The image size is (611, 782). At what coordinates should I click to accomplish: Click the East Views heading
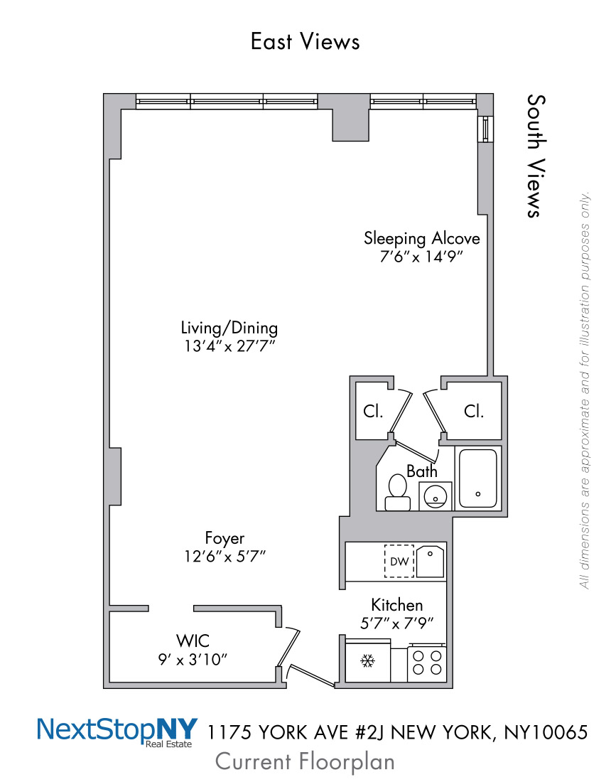point(305,41)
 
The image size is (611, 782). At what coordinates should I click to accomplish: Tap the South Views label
point(536,156)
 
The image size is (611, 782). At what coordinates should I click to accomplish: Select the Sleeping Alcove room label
point(421,238)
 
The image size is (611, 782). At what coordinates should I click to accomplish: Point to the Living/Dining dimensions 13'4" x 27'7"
point(229,346)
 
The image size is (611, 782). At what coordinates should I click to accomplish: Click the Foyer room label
point(225,538)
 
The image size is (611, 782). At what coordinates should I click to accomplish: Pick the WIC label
point(193,641)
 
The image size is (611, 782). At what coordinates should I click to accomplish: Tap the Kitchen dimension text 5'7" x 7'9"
point(396,623)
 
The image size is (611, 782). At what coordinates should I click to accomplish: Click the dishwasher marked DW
point(399,561)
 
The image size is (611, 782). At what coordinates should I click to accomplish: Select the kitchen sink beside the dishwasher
point(430,562)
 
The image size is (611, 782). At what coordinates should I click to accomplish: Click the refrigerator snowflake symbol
point(368,662)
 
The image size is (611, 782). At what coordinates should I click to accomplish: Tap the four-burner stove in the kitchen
point(427,663)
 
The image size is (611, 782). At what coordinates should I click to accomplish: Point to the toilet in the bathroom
point(398,492)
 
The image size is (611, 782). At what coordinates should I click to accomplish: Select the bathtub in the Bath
point(478,478)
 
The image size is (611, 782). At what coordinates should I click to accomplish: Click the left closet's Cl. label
point(373,412)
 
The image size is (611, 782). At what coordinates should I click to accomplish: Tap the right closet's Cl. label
point(474,412)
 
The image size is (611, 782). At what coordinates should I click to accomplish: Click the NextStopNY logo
point(118,732)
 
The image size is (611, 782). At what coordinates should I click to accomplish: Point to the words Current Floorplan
point(305,762)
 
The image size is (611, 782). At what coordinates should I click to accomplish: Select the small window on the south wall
point(485,129)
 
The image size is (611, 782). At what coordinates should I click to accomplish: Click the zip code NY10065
point(546,732)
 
